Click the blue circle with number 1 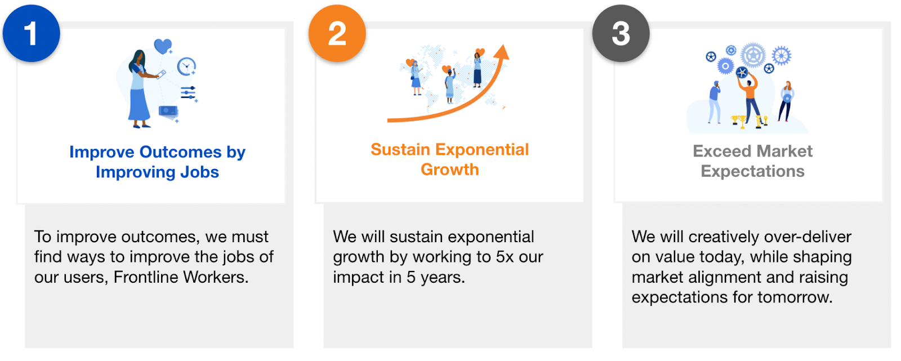point(32,33)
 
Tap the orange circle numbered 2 point(337,33)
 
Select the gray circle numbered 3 point(621,33)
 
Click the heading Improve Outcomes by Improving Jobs point(157,162)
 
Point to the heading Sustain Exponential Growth point(450,159)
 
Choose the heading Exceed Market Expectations point(752,161)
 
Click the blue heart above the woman point(163,46)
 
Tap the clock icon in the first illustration point(186,66)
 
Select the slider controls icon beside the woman point(188,93)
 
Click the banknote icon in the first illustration point(168,112)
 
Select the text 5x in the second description point(505,257)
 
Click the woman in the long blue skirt point(139,88)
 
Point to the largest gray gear point(753,55)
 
